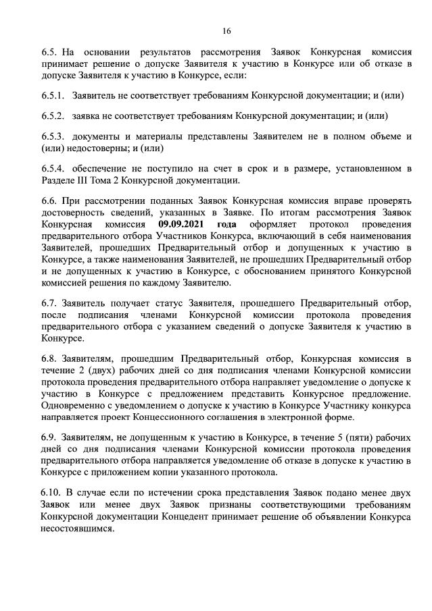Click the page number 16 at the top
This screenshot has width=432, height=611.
coord(226,31)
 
